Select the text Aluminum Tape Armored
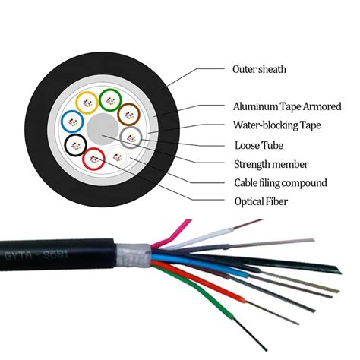[286, 106]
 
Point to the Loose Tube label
[257, 144]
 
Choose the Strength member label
[270, 163]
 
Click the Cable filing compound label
[280, 182]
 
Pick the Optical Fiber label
[263, 201]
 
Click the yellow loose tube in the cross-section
[88, 100]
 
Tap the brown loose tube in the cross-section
[128, 114]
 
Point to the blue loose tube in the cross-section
[71, 120]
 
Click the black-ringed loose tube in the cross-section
[76, 144]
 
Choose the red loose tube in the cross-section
[94, 159]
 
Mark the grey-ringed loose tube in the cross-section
[130, 137]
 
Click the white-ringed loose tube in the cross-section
[118, 156]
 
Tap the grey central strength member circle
[101, 128]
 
